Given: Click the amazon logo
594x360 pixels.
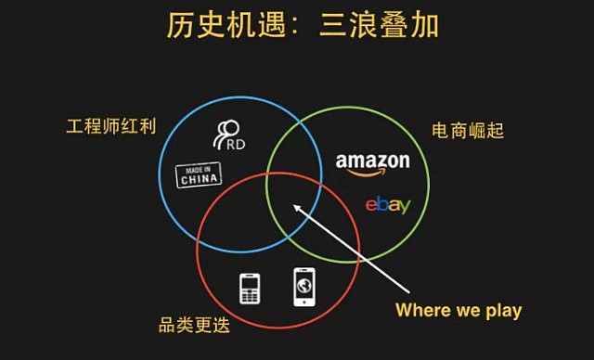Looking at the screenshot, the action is point(372,164).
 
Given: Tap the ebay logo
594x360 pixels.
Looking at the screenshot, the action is point(386,204).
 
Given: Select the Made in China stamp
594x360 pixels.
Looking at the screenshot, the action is point(200,174).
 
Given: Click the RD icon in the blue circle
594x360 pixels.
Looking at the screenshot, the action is point(227,135).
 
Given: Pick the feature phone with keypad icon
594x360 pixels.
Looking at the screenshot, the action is point(249,288).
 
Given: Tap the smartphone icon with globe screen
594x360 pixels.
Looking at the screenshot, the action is point(304,287).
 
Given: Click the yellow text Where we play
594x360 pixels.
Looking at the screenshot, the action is point(458,310).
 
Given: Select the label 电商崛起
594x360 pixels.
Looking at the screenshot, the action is point(468,131).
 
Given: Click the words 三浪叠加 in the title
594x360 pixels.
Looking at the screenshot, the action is point(378,25).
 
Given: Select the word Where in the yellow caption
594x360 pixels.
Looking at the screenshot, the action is point(420,310).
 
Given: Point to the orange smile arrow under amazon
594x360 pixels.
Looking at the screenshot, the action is point(373,174).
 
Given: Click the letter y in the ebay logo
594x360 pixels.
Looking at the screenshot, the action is point(403,207).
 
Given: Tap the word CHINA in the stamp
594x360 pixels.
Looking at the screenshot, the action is point(200,179).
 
